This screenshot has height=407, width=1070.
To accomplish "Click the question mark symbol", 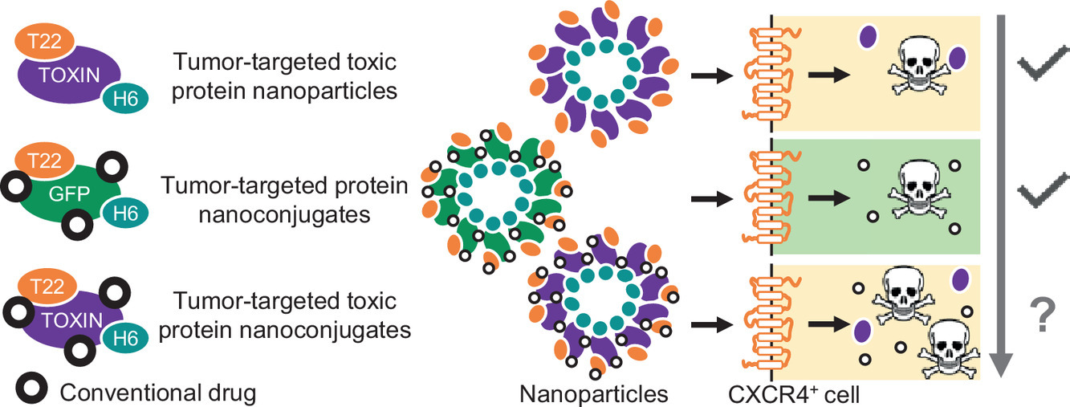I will click(x=1044, y=316).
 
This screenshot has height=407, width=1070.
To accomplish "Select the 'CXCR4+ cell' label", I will click(x=783, y=393).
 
